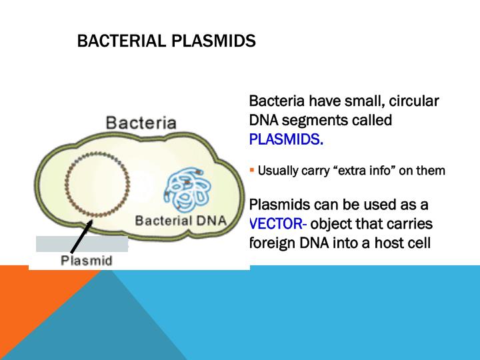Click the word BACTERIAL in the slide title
[123, 41]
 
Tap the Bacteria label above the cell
[141, 123]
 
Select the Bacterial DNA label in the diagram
[181, 221]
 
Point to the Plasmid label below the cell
[86, 259]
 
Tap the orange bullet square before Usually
[252, 171]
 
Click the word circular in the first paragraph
[413, 102]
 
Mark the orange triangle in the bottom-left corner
[27, 307]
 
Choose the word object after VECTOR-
[332, 223]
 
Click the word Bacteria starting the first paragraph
[277, 102]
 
